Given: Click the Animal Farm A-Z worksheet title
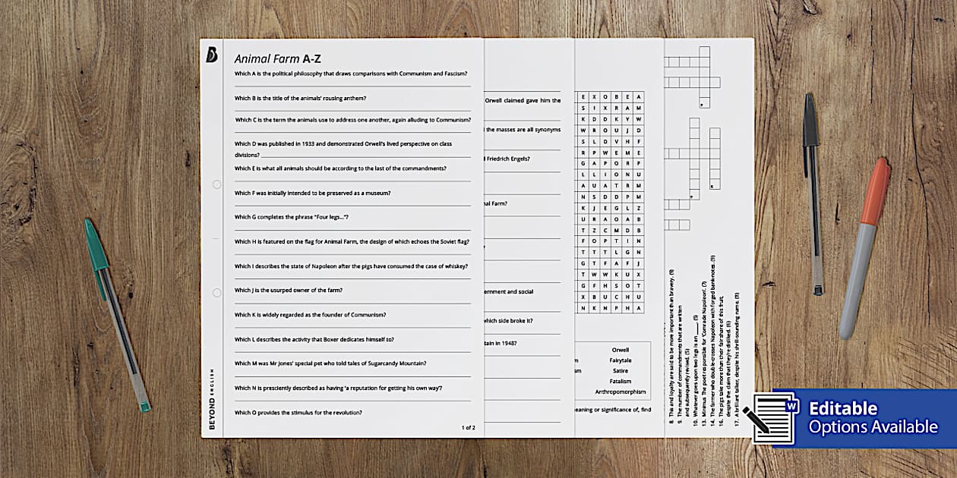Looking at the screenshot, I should pos(278,58).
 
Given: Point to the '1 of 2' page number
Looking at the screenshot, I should pos(468,427).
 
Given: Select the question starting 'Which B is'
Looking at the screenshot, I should pos(300,98).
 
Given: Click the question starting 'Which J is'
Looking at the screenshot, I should pos(289,290).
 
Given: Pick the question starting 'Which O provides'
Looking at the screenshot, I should pos(298,412).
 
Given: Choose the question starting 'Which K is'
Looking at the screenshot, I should pos(310,314).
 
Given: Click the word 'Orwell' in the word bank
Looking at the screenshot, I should pos(620,350).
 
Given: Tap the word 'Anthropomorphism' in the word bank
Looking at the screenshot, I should pos(620,392).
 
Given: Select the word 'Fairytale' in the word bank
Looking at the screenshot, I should pos(620,360).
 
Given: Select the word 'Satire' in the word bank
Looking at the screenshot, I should pos(620,371).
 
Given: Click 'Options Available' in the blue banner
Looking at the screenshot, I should pos(873,427).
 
